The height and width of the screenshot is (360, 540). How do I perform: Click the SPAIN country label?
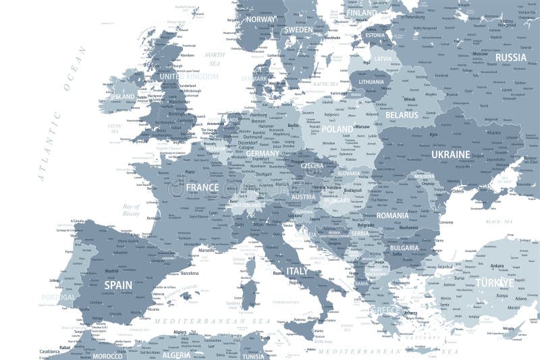point(118,285)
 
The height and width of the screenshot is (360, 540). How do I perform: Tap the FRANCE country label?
point(202,187)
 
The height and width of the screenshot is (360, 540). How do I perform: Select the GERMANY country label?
point(262,153)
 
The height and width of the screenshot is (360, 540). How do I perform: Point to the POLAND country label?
point(337,129)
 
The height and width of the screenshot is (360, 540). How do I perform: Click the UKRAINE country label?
point(450,155)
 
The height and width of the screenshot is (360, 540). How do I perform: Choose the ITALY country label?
point(297,271)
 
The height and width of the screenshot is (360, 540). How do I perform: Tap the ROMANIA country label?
point(393,215)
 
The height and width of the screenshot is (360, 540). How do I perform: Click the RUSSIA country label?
point(510,57)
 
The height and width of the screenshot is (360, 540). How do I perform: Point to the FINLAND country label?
point(361,12)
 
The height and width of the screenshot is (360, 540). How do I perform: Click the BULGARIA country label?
point(404,248)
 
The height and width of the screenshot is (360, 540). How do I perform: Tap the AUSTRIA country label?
point(303,197)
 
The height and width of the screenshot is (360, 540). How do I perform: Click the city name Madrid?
point(113,272)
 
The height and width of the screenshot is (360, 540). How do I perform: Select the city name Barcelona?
point(190,274)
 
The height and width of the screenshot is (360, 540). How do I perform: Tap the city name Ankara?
point(497,265)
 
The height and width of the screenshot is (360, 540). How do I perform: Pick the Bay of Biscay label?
point(131,209)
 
